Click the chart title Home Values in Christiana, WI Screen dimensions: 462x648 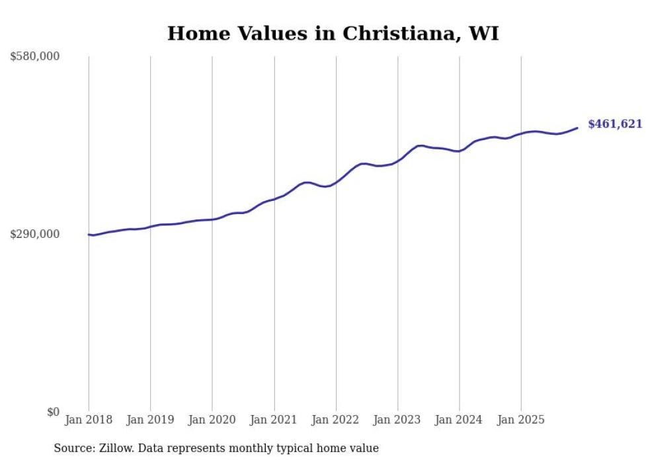point(333,33)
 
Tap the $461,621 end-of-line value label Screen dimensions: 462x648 point(614,124)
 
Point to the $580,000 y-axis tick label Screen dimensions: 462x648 point(35,57)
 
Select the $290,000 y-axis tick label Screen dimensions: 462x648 point(35,234)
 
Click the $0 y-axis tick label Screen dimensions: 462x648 point(53,412)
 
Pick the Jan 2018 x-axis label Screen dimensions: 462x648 point(89,420)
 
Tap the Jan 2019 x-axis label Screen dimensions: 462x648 point(151,420)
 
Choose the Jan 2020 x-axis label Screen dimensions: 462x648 point(212,420)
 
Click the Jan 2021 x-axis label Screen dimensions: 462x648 point(274,420)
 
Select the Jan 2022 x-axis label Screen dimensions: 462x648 point(336,420)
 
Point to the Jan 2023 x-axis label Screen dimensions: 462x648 point(398,420)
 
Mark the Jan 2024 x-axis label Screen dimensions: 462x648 point(460,420)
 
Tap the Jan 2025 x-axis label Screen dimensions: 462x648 point(521,420)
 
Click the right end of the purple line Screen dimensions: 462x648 point(577,128)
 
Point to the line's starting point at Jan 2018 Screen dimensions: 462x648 point(89,235)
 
